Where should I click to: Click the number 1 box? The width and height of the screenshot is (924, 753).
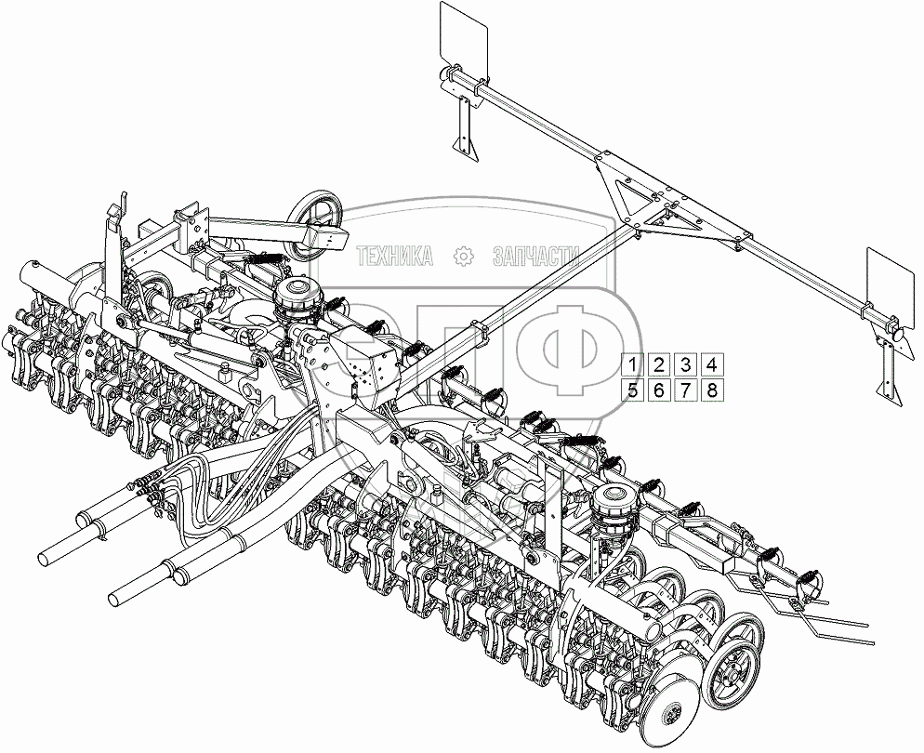(632, 364)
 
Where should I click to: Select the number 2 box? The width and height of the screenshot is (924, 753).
(658, 364)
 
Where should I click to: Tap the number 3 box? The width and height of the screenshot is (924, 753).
(684, 364)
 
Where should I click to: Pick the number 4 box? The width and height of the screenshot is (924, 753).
(710, 364)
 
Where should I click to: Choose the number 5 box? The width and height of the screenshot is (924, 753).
(632, 390)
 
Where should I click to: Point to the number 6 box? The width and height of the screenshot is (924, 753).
(658, 390)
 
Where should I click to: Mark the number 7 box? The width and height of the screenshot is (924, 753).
(684, 390)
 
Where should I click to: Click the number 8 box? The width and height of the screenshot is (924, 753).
(710, 390)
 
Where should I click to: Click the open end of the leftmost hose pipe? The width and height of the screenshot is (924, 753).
(44, 558)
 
